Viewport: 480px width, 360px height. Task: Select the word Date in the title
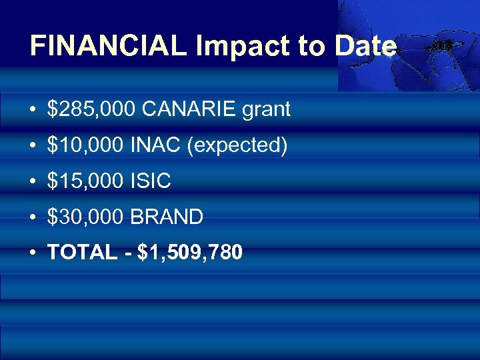pos(365,47)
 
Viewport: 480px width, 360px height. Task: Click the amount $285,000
pos(92,109)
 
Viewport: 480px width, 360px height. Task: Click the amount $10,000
pos(83,145)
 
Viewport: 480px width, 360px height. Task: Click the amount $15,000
pos(83,181)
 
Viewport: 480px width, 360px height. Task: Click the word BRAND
pos(167,217)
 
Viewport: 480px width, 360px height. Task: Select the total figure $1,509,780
pos(189,253)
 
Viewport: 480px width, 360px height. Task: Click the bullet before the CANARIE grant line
pos(33,110)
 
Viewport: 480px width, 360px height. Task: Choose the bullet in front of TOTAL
pos(33,253)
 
